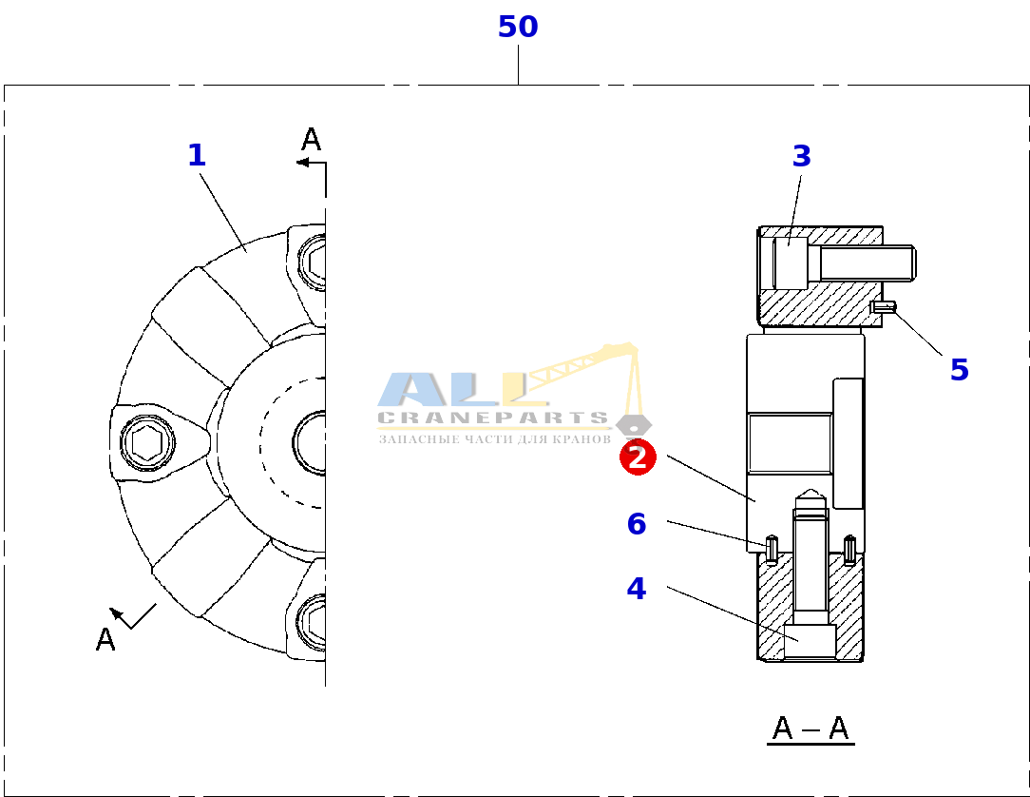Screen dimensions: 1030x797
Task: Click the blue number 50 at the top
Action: click(x=518, y=27)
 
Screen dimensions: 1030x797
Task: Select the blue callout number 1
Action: click(x=197, y=156)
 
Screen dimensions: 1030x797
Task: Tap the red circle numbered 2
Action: click(x=638, y=457)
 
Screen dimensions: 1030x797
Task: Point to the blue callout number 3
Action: click(x=801, y=157)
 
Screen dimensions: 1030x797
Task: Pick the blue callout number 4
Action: click(x=636, y=589)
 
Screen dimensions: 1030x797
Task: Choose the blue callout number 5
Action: click(x=959, y=370)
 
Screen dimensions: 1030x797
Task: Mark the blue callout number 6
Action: click(x=636, y=524)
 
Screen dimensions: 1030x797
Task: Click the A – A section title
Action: click(x=811, y=729)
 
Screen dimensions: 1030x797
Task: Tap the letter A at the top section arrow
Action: click(x=311, y=140)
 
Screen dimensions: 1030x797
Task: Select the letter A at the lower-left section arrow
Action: click(x=105, y=639)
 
